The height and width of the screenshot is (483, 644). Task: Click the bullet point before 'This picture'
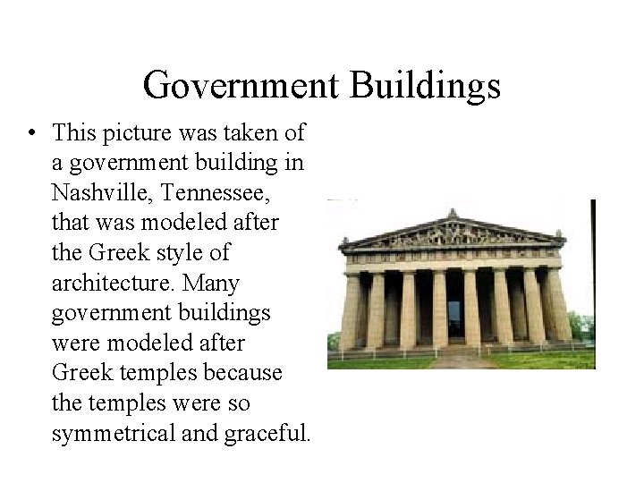point(31,134)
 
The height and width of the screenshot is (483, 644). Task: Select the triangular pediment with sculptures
point(453,234)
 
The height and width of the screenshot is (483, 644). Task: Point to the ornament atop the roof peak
point(453,213)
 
